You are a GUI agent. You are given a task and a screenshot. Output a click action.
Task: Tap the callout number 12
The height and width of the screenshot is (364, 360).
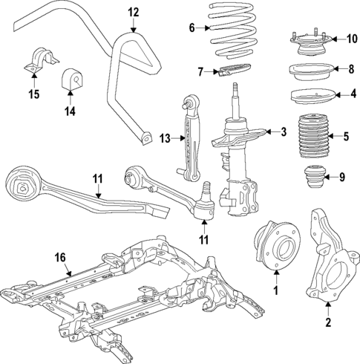pos(133,12)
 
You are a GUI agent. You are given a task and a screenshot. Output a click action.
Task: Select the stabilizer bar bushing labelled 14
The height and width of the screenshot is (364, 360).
pos(71,78)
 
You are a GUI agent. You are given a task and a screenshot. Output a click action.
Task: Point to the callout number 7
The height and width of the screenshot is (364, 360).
pos(200,72)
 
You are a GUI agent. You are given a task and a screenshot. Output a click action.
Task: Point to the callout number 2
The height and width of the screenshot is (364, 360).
pos(328,322)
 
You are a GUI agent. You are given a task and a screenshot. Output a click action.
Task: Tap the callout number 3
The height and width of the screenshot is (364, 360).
pos(283,132)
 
